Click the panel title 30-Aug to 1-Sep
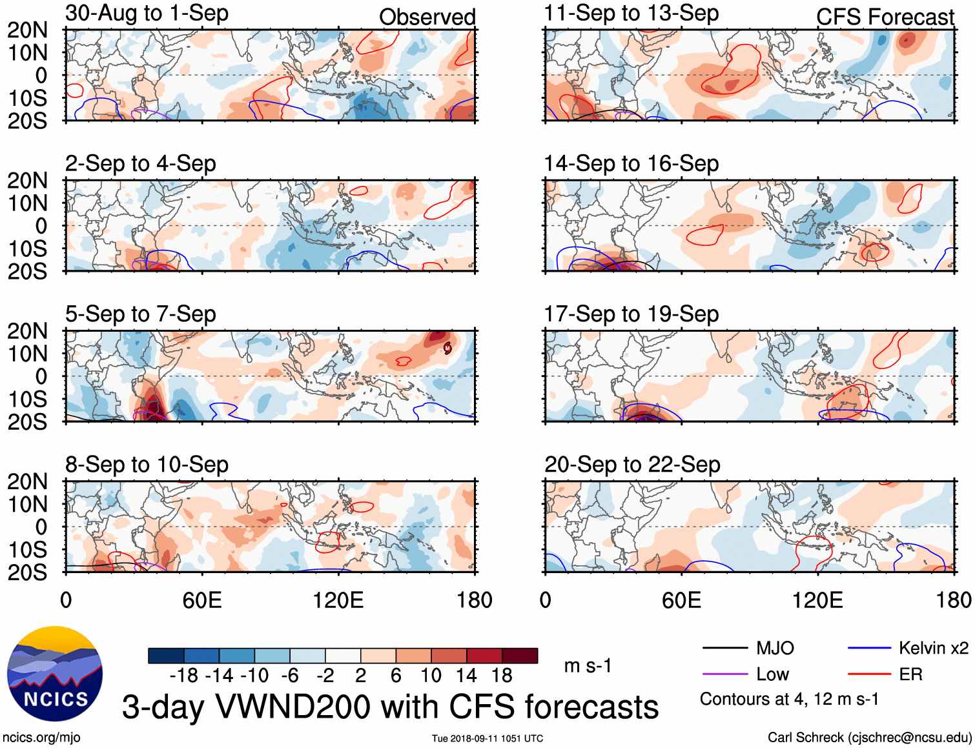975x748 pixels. click(147, 14)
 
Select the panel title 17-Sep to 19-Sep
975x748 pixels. click(631, 314)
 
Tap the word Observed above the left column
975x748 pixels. click(427, 17)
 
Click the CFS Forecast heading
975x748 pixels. click(885, 17)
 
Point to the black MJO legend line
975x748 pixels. click(724, 648)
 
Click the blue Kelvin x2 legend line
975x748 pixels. click(869, 648)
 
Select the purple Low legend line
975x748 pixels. click(724, 674)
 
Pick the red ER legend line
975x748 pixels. click(869, 674)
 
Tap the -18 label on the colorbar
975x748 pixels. click(183, 676)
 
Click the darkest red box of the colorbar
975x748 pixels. click(520, 656)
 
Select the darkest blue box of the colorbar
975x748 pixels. click(166, 656)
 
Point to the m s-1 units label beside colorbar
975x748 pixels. click(588, 665)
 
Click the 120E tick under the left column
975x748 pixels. click(338, 601)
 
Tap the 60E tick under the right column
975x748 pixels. click(681, 601)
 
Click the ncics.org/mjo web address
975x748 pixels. click(41, 738)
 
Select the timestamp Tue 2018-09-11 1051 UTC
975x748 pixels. click(487, 738)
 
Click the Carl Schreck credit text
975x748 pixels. click(869, 738)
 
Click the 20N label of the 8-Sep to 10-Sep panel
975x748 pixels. click(27, 481)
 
